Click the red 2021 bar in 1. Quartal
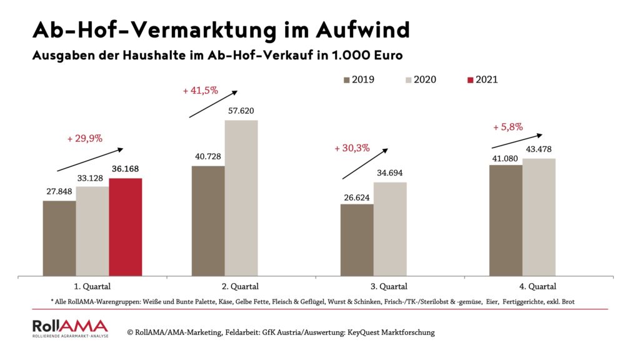(x=126, y=227)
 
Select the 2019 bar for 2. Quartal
(x=208, y=221)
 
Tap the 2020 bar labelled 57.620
(x=241, y=197)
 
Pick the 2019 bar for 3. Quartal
(x=357, y=239)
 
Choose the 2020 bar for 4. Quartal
(x=539, y=217)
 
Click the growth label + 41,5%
(x=200, y=90)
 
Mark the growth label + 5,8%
(x=507, y=127)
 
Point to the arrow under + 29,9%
(x=90, y=159)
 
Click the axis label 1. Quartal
(x=92, y=287)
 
